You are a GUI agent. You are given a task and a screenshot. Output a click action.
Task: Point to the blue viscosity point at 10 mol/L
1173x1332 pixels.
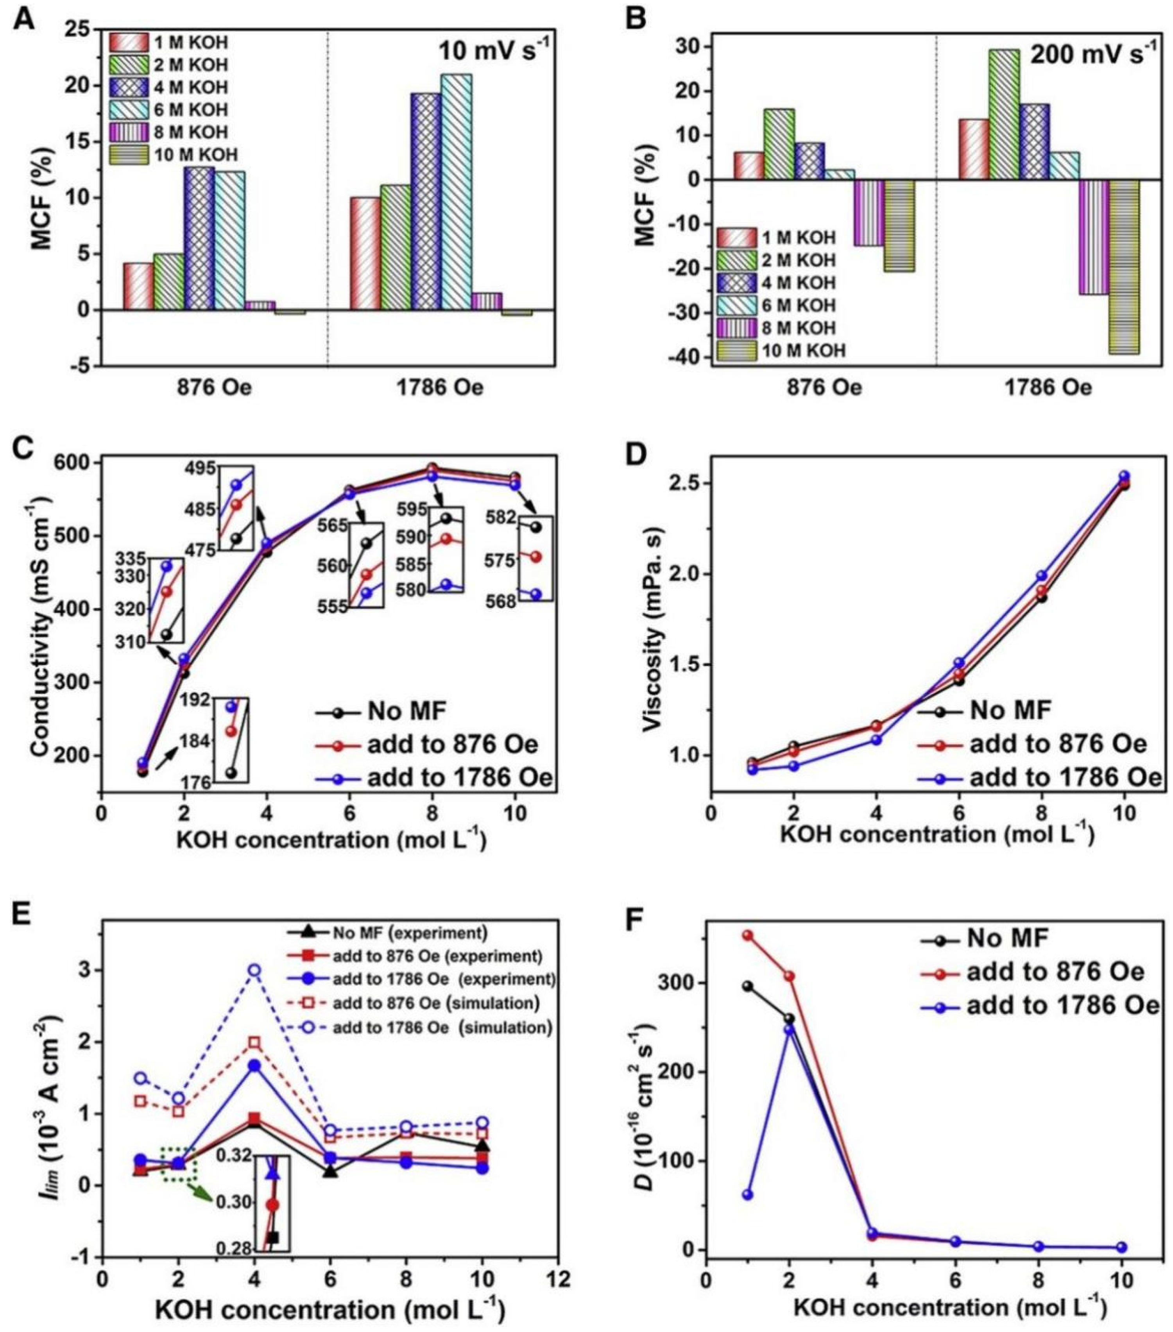click(x=1123, y=476)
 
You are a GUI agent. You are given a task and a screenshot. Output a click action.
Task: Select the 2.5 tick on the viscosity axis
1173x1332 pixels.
click(x=683, y=484)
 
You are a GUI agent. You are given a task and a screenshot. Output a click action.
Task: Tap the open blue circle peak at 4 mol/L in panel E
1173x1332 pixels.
click(x=254, y=970)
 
